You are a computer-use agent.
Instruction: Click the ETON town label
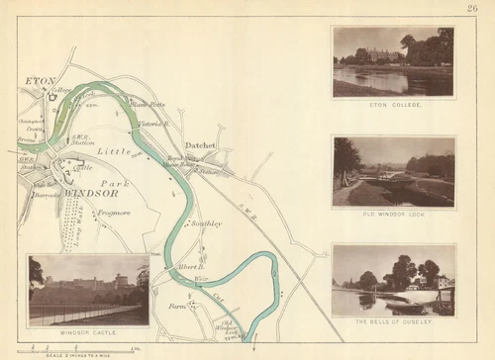coord(40,81)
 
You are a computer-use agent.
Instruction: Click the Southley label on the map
coord(208,224)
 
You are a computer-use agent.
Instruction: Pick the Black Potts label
coord(147,102)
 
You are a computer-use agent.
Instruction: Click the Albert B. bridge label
coord(191,267)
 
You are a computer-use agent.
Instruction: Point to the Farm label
coord(177,306)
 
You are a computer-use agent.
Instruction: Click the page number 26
coord(472,10)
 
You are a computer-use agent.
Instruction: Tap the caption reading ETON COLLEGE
coord(393,104)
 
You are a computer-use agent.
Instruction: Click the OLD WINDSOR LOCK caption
coord(393,214)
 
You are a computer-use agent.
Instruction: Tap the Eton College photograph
coord(393,62)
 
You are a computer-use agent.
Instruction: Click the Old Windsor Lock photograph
coord(393,172)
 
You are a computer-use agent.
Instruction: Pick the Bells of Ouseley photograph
coord(393,281)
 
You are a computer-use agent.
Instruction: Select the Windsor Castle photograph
coord(88,291)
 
